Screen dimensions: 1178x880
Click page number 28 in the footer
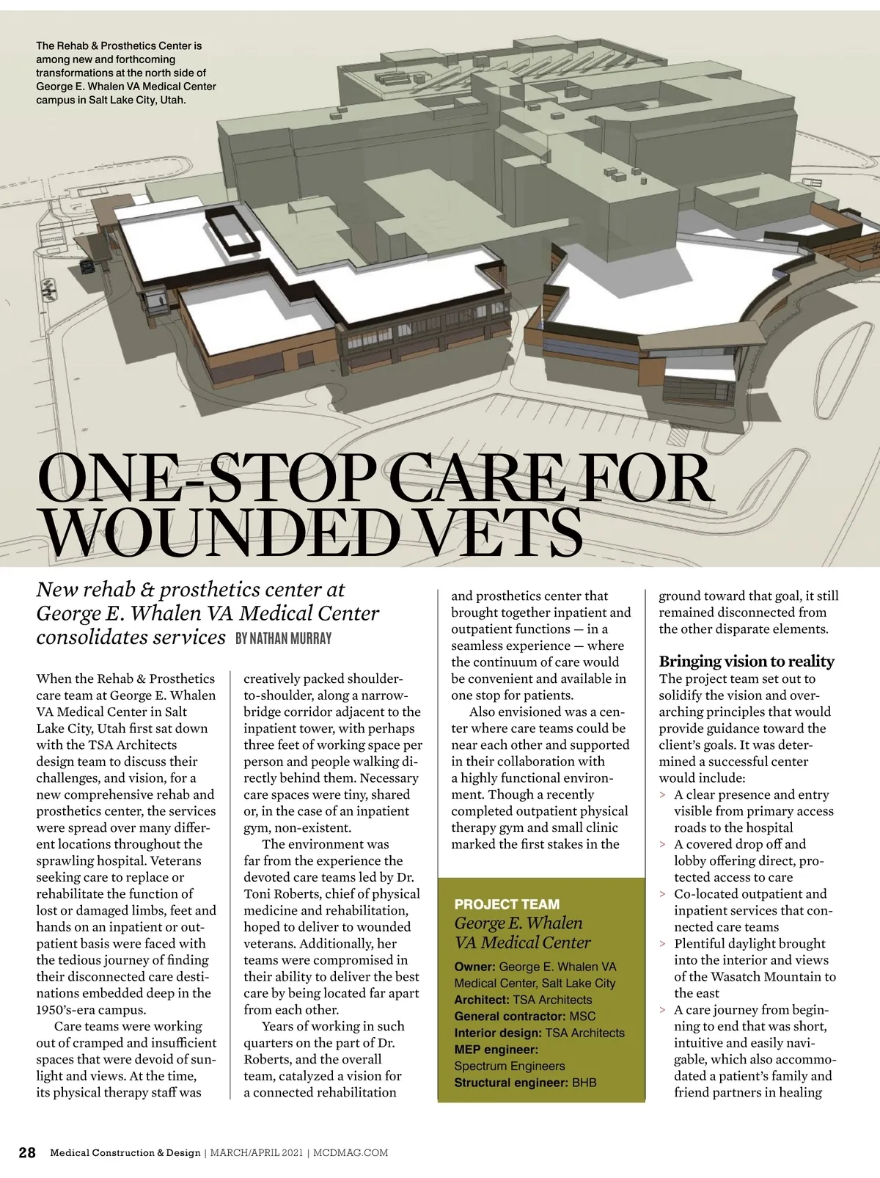26,1152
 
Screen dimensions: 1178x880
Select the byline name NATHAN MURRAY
283,639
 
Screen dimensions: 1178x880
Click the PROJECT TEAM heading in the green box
507,904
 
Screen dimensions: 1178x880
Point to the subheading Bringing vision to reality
746,661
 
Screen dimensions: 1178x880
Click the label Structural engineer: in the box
510,1083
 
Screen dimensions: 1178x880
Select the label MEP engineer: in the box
496,1050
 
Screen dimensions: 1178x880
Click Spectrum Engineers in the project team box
509,1066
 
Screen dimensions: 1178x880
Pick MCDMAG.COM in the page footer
351,1153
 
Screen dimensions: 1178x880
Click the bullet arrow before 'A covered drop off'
663,845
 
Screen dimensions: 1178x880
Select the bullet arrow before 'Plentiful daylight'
663,944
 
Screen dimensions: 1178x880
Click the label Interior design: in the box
498,1033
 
